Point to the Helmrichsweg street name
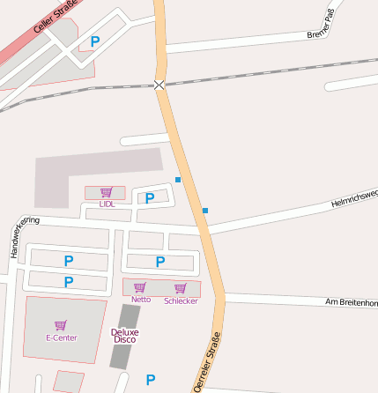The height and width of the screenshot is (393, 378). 354,197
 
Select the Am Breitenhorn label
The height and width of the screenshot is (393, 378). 351,302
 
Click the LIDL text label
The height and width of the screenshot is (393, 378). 107,204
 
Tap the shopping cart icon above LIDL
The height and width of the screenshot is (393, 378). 107,192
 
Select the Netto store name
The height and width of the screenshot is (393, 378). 141,300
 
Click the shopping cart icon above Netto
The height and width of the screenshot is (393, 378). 140,287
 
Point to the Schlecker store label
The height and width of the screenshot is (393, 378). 181,300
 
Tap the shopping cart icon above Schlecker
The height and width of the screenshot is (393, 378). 181,288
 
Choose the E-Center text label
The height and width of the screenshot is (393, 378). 62,337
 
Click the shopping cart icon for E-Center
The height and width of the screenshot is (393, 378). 61,325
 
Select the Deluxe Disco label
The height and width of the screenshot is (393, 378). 124,335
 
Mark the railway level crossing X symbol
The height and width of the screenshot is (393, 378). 159,85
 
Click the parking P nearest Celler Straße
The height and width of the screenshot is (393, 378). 95,41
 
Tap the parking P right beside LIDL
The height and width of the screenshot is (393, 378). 150,197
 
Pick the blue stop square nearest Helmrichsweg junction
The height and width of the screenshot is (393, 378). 205,211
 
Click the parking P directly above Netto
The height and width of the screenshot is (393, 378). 160,261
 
